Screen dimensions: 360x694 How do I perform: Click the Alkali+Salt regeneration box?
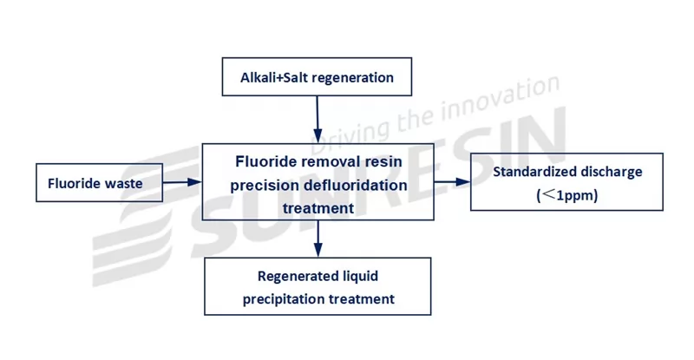tap(317, 77)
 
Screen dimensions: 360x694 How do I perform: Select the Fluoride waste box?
tap(95, 184)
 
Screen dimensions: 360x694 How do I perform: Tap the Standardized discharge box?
tap(566, 182)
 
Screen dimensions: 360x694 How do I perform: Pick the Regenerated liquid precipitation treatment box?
tap(318, 287)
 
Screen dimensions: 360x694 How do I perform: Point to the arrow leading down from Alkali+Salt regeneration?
tap(318, 119)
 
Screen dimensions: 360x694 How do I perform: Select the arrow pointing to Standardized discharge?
tap(451, 181)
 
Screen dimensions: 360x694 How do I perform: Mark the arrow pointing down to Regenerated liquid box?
tap(318, 239)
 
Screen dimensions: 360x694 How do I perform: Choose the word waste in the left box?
tap(125, 184)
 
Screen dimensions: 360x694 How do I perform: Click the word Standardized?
tap(535, 172)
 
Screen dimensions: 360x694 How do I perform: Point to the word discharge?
tap(612, 172)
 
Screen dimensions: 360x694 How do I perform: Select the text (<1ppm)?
tap(567, 196)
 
